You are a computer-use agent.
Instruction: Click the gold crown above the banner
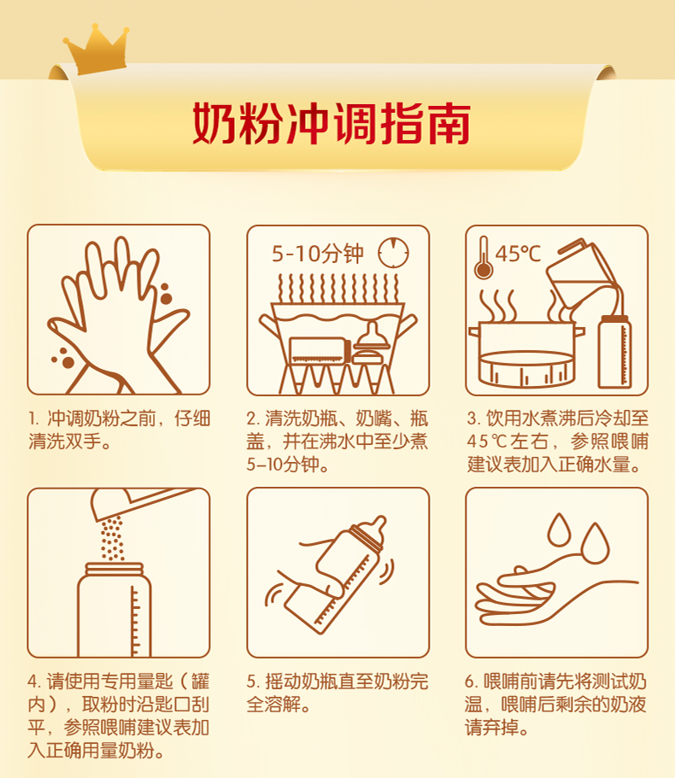[x=95, y=49]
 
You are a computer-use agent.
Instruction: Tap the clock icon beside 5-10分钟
[x=394, y=253]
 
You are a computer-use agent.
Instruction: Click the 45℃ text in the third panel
[x=518, y=254]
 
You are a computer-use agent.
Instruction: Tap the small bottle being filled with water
[x=615, y=350]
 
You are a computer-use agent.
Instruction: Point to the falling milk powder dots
[x=111, y=538]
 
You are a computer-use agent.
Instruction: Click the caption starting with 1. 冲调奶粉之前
[x=118, y=430]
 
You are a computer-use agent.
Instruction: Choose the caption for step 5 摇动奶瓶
[x=337, y=693]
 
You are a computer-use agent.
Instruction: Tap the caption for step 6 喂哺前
[x=555, y=705]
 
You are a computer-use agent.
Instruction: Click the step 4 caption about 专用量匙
[x=118, y=716]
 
